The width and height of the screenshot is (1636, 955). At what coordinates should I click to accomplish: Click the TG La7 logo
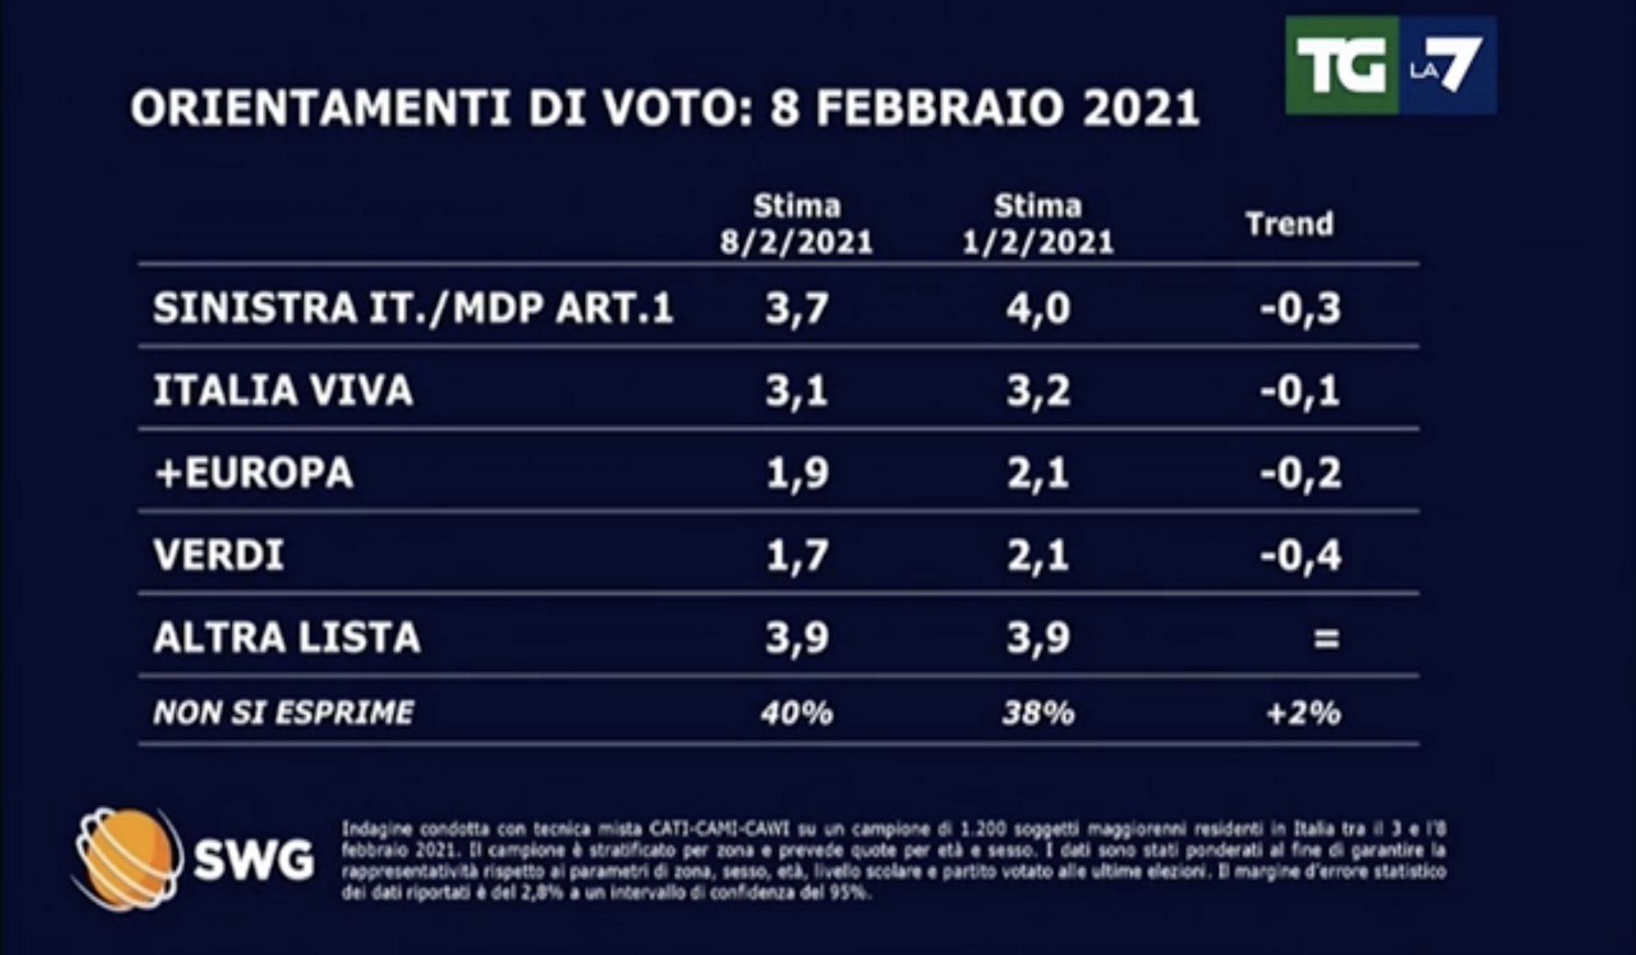point(1390,66)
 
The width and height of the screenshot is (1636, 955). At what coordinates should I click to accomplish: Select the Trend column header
point(1289,224)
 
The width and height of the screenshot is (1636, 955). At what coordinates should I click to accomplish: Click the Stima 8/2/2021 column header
point(796,225)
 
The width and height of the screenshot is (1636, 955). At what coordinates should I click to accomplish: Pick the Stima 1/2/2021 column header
point(1038,225)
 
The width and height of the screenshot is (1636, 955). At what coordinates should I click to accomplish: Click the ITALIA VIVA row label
point(283,391)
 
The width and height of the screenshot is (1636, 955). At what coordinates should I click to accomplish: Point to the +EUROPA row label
point(253,473)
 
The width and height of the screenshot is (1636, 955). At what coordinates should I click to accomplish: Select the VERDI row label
point(219,555)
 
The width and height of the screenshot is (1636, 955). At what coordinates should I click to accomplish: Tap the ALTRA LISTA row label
point(287,638)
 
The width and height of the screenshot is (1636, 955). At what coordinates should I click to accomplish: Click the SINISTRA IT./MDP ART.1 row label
point(413,308)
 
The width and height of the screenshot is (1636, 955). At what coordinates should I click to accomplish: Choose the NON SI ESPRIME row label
point(284,712)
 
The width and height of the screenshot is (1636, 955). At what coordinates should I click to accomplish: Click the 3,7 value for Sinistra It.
point(796,308)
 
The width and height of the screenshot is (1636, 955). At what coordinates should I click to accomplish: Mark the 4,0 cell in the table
point(1038,308)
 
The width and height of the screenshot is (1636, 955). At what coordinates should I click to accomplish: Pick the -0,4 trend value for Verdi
point(1300,555)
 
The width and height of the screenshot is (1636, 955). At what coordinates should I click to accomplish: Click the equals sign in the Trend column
point(1325,638)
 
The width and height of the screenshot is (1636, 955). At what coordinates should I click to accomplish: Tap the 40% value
point(796,712)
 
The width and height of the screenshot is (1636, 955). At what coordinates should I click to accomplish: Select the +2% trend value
point(1303,712)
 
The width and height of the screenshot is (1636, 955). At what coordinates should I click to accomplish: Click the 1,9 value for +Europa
point(796,473)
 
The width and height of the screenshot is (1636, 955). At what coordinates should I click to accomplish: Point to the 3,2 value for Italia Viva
point(1038,391)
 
